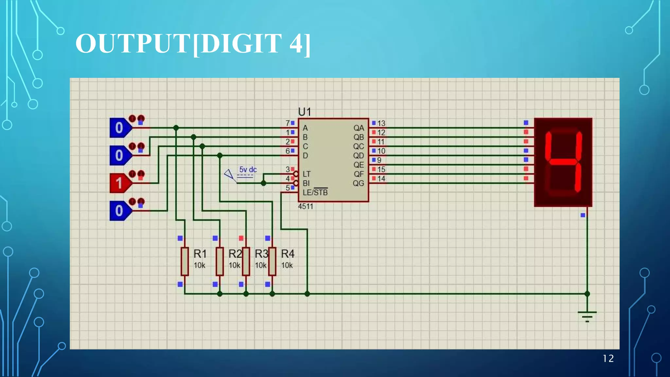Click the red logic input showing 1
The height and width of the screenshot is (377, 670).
pyautogui.click(x=119, y=183)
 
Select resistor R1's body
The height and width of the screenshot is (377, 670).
pyautogui.click(x=185, y=261)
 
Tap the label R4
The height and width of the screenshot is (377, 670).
pyautogui.click(x=288, y=254)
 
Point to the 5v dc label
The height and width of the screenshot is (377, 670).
pyautogui.click(x=248, y=170)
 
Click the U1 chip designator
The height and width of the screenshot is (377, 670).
pyautogui.click(x=304, y=112)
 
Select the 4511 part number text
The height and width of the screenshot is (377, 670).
pyautogui.click(x=306, y=206)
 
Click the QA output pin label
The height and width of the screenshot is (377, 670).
pyautogui.click(x=359, y=128)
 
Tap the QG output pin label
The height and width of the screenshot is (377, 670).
pyautogui.click(x=359, y=183)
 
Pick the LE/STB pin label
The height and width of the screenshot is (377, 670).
pyautogui.click(x=315, y=192)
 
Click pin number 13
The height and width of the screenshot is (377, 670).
pyautogui.click(x=381, y=123)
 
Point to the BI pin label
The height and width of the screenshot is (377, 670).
pyautogui.click(x=306, y=183)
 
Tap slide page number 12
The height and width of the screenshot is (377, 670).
pyautogui.click(x=608, y=359)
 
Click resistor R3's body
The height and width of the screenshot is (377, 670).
pyautogui.click(x=246, y=261)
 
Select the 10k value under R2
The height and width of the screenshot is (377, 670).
pyautogui.click(x=234, y=265)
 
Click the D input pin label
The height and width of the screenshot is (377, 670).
pyautogui.click(x=305, y=155)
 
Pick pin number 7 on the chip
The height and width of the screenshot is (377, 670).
pyautogui.click(x=288, y=123)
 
